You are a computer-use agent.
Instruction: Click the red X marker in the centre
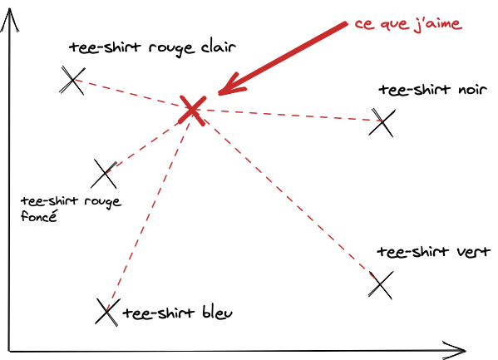click(x=193, y=107)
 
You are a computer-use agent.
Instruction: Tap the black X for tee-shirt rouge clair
click(x=72, y=80)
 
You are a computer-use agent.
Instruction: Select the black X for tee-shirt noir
click(x=382, y=123)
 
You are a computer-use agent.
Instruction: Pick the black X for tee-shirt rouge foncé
click(x=105, y=174)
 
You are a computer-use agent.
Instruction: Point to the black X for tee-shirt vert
click(x=380, y=285)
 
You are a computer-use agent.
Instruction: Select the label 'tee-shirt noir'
click(x=426, y=90)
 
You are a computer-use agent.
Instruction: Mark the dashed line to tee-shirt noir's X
click(x=287, y=115)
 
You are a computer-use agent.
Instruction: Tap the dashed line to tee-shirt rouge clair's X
click(x=131, y=93)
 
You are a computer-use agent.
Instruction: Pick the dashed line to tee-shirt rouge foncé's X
click(x=148, y=141)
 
